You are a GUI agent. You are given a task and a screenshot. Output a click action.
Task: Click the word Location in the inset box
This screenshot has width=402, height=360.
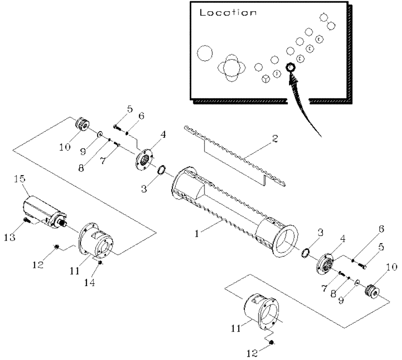[x=228, y=12]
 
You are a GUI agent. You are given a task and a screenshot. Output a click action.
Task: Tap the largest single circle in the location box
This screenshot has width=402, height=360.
[x=205, y=53]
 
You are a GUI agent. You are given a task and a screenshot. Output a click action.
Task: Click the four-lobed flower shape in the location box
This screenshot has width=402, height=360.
[x=231, y=68]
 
